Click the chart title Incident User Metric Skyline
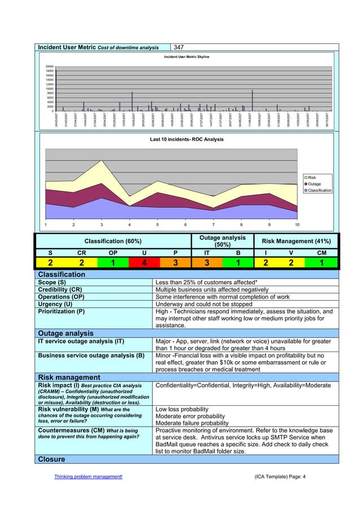point(186,57)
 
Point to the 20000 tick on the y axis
point(50,66)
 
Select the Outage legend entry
point(314,184)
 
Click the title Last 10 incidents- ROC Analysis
point(187,139)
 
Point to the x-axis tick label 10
point(297,225)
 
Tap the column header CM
point(322,253)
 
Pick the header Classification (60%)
point(113,242)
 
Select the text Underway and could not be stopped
point(204,304)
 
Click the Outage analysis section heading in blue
point(65,333)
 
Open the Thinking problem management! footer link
point(88,477)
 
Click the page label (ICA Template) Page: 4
point(280,477)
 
